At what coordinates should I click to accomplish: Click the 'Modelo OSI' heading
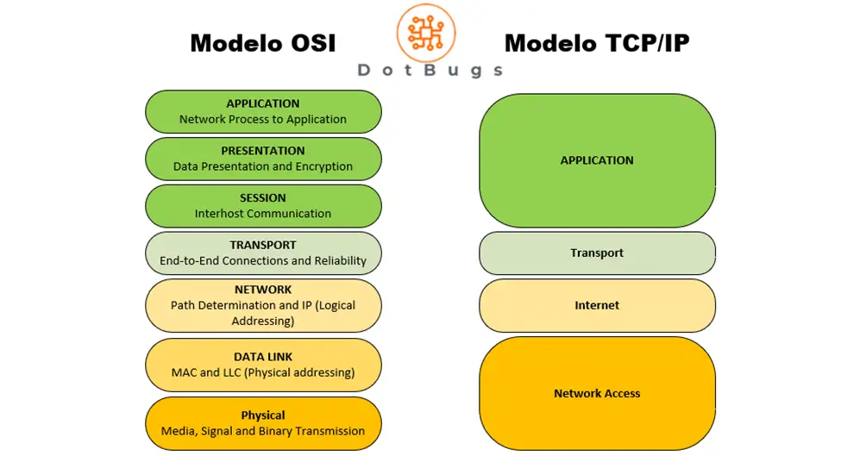(x=262, y=43)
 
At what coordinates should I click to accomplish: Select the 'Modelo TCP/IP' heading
(x=597, y=43)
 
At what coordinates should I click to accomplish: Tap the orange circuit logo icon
(x=425, y=32)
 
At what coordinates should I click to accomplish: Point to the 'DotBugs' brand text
(x=430, y=71)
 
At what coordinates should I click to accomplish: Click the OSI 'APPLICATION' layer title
(x=263, y=103)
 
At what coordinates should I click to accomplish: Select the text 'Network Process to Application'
(x=263, y=120)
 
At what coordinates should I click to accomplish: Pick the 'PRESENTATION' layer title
(x=263, y=151)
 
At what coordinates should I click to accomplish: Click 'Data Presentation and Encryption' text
(x=263, y=166)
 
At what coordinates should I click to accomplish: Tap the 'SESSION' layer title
(x=263, y=197)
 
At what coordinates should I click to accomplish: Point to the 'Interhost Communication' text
(x=263, y=214)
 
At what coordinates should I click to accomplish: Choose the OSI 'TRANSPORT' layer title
(x=263, y=245)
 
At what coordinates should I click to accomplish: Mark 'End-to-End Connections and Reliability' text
(x=263, y=260)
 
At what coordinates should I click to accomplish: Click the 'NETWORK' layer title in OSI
(x=263, y=290)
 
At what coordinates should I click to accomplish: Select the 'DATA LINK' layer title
(x=263, y=357)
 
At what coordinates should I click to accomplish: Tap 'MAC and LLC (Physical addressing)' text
(x=263, y=372)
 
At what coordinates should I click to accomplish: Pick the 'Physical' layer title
(x=263, y=415)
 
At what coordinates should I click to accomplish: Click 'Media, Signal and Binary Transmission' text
(x=263, y=431)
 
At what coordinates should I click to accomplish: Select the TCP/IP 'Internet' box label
(x=597, y=305)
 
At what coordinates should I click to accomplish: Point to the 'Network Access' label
(x=597, y=393)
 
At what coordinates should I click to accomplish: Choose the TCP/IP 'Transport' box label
(x=597, y=253)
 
